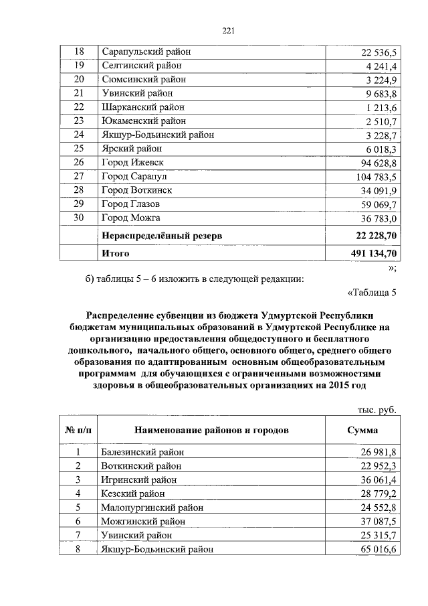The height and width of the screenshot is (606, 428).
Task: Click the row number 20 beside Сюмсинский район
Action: [x=79, y=80]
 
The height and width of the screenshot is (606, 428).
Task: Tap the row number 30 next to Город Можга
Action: [x=79, y=218]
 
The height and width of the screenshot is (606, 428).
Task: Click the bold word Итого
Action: [x=115, y=254]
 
